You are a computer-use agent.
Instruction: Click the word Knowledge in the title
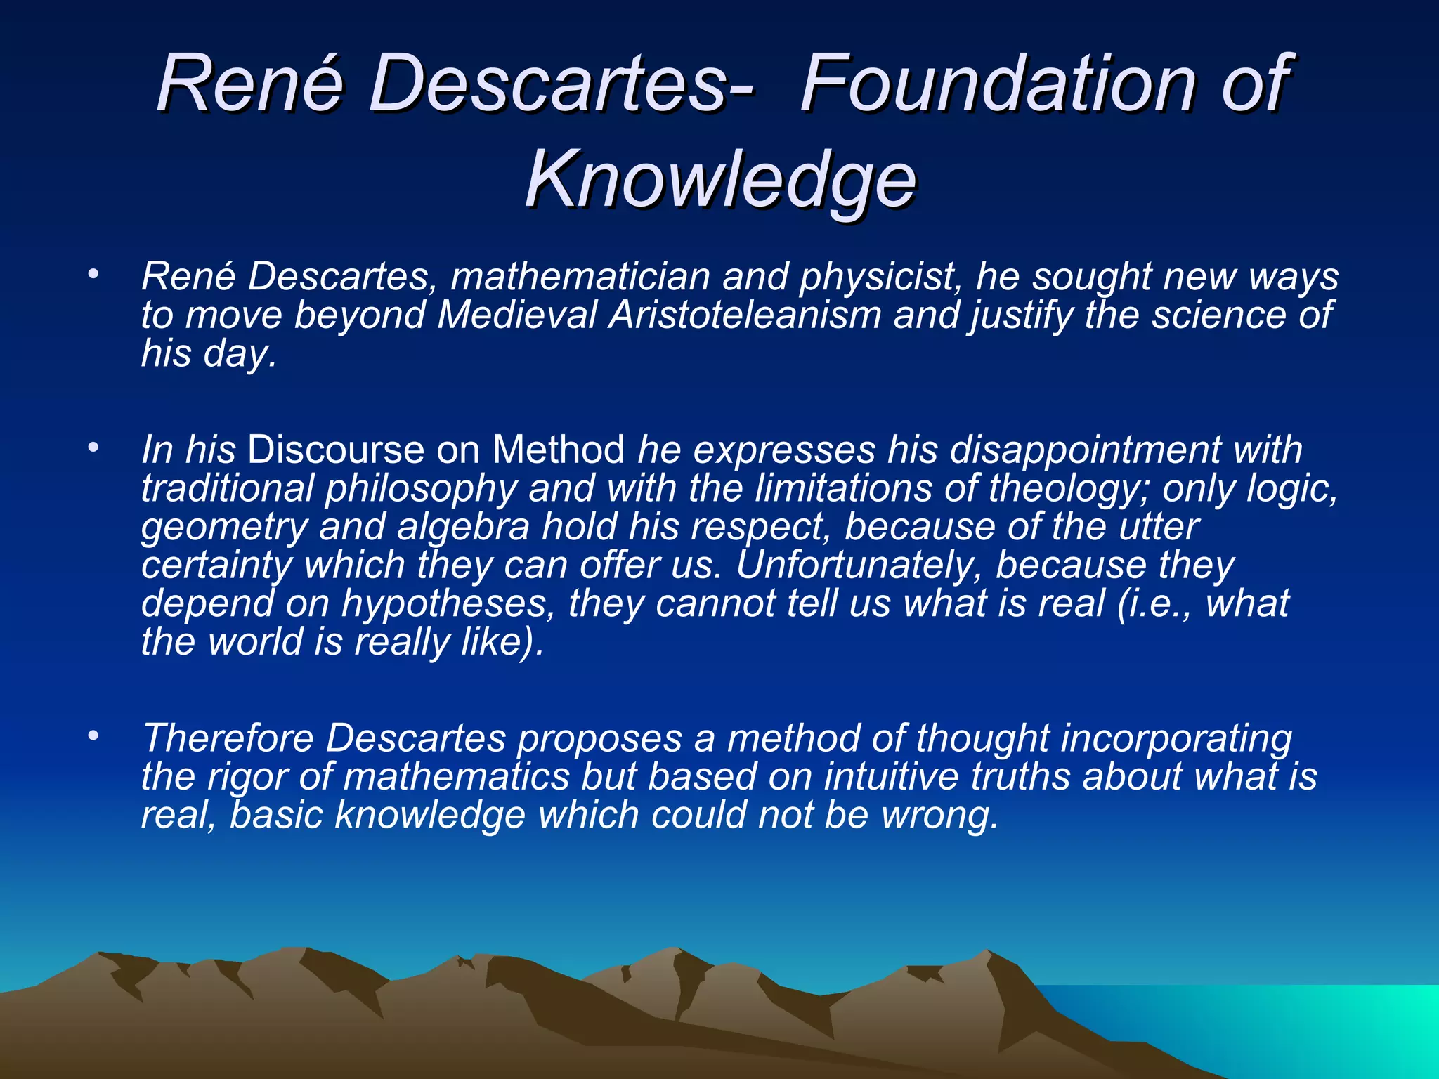[x=720, y=181]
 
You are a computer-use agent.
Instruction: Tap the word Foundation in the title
[x=998, y=84]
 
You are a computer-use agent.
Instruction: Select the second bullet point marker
[x=93, y=447]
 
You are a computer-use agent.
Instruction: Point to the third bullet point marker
[x=93, y=735]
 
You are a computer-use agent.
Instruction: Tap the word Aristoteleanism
[x=745, y=315]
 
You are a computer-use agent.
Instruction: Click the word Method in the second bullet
[x=558, y=450]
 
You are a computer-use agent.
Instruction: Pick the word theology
[x=1068, y=488]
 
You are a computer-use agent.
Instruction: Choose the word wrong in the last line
[x=938, y=816]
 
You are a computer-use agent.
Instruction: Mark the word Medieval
[x=516, y=315]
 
